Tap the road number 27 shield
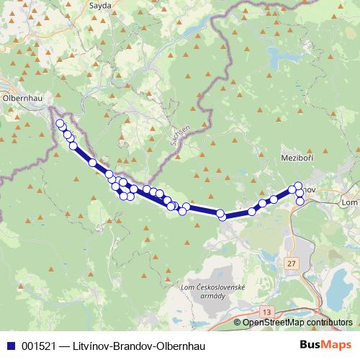pos(290,265)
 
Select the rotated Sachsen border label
pos(180,132)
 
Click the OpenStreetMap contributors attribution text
pos(297,323)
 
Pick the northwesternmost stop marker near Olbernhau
pos(60,123)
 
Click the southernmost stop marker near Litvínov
pos(300,202)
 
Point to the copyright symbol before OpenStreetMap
pos(238,323)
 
